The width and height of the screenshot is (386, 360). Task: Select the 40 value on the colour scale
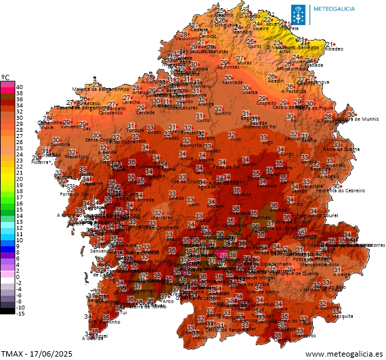[20, 87]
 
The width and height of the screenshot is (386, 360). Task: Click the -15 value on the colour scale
[20, 313]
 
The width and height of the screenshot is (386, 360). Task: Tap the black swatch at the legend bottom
[7, 311]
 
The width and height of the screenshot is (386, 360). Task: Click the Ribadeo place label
[336, 49]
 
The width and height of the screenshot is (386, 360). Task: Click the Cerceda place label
[145, 113]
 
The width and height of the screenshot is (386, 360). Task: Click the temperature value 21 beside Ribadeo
[328, 43]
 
